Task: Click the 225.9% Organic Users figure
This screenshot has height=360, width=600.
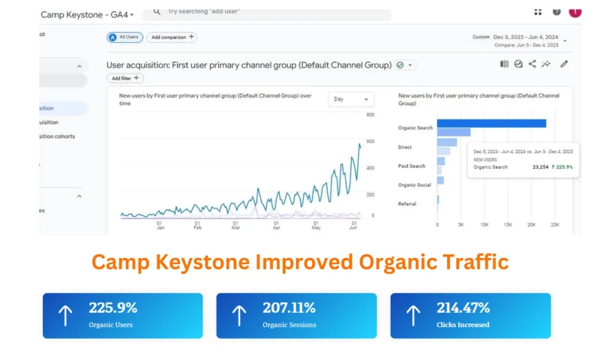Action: click(112, 307)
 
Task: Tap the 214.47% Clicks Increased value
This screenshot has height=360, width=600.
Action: click(463, 307)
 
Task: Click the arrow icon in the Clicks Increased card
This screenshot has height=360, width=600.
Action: click(412, 315)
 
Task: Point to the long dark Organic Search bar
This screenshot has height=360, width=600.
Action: click(491, 123)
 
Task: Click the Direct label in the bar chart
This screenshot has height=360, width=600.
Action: click(405, 147)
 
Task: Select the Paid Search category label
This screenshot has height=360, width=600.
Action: click(411, 166)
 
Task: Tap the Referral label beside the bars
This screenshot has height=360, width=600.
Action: click(407, 203)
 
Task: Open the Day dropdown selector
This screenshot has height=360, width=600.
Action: click(350, 99)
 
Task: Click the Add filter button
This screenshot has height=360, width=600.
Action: click(125, 78)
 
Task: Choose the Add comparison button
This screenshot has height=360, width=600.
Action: click(172, 37)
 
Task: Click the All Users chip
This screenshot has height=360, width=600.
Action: click(124, 37)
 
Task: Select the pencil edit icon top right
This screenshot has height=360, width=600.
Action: click(564, 64)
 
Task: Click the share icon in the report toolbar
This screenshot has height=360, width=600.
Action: click(532, 64)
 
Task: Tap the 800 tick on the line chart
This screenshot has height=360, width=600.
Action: click(370, 115)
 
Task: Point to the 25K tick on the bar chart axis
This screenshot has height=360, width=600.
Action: click(555, 224)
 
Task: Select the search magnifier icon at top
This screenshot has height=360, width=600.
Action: click(156, 11)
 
